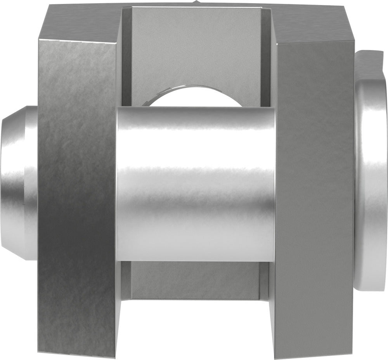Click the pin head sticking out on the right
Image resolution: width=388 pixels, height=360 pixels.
[x=371, y=171]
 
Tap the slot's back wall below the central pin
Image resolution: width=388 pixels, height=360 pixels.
[x=196, y=279]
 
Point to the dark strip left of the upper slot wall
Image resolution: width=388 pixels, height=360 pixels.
[x=126, y=54]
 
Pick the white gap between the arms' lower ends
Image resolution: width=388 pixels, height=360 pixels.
[x=196, y=330]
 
